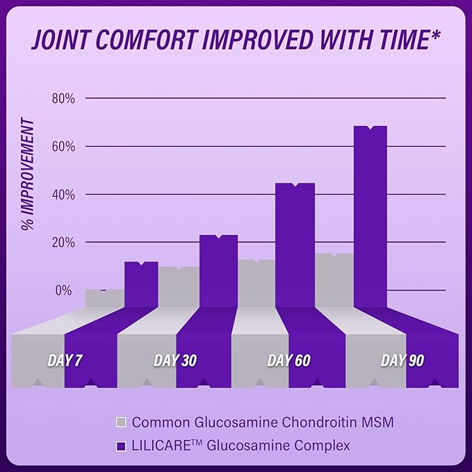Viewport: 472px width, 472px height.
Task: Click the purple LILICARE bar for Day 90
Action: click(370, 215)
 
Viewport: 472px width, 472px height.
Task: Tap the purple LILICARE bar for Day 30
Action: click(218, 271)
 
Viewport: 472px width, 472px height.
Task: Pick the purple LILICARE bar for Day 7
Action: click(141, 284)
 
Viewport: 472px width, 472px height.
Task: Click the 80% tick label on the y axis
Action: click(63, 98)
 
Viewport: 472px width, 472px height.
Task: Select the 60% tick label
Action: click(63, 146)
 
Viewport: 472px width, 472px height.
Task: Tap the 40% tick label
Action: click(63, 194)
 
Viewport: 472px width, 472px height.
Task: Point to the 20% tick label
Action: click(63, 242)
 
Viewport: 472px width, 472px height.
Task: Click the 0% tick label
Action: click(65, 290)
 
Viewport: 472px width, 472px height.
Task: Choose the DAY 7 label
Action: click(65, 361)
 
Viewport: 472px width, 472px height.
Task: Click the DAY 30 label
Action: click(174, 361)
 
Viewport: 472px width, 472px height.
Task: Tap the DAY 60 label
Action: click(288, 361)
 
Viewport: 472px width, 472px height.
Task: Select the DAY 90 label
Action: click(402, 361)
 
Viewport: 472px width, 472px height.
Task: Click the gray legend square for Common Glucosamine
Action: click(121, 422)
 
